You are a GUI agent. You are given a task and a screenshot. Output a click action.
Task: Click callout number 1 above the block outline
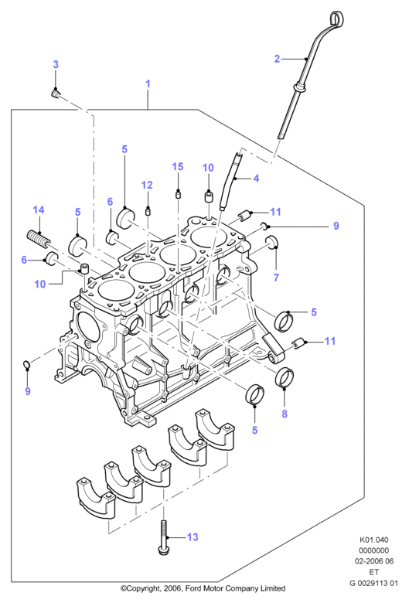point(148,83)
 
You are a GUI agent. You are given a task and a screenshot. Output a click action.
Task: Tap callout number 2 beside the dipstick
point(277,59)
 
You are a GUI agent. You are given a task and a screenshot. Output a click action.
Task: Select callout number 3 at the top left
point(56,64)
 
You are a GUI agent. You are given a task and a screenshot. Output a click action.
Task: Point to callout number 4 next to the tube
point(256,178)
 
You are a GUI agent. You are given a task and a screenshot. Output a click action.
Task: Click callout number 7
point(276,278)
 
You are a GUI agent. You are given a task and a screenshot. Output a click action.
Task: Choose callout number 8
point(285,414)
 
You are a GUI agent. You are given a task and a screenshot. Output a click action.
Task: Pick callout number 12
point(147,185)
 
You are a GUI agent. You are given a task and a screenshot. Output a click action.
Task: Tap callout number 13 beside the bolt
point(193,537)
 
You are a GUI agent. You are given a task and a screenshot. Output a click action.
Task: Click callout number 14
point(39,210)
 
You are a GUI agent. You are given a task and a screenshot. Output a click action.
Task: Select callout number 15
point(177,166)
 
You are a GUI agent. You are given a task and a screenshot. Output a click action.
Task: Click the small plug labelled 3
point(56,94)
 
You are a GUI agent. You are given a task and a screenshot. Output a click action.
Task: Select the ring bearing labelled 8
point(285,376)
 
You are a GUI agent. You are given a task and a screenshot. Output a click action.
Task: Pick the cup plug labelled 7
point(271,242)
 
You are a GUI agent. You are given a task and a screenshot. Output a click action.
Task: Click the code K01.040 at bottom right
point(374,540)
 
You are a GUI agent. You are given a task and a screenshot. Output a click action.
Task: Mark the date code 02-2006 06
point(374,561)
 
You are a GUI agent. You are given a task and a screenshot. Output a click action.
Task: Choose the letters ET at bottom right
point(374,572)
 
